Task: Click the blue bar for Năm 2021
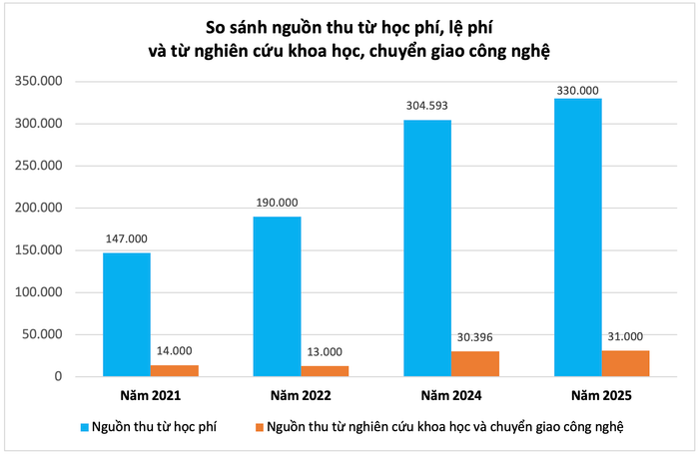tap(127, 314)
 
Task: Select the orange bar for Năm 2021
tap(175, 371)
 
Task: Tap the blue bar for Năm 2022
tap(277, 296)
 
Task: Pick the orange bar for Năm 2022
tap(325, 371)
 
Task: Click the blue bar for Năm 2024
tap(426, 248)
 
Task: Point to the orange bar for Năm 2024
tap(475, 364)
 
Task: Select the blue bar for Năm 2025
tap(577, 237)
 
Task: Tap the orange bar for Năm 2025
tap(625, 363)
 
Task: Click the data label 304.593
tap(427, 105)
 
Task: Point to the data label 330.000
tap(577, 89)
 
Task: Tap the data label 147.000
tap(127, 238)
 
